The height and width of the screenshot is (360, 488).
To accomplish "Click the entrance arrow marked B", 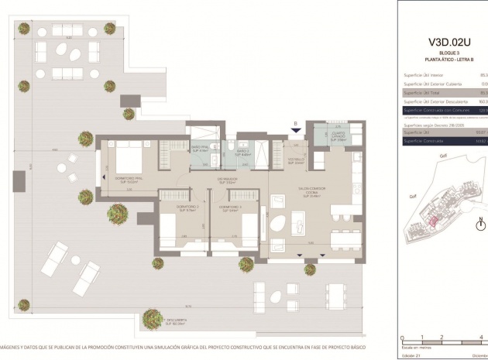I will coord(294,129).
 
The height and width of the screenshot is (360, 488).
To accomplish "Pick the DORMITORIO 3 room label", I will coord(230,208).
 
